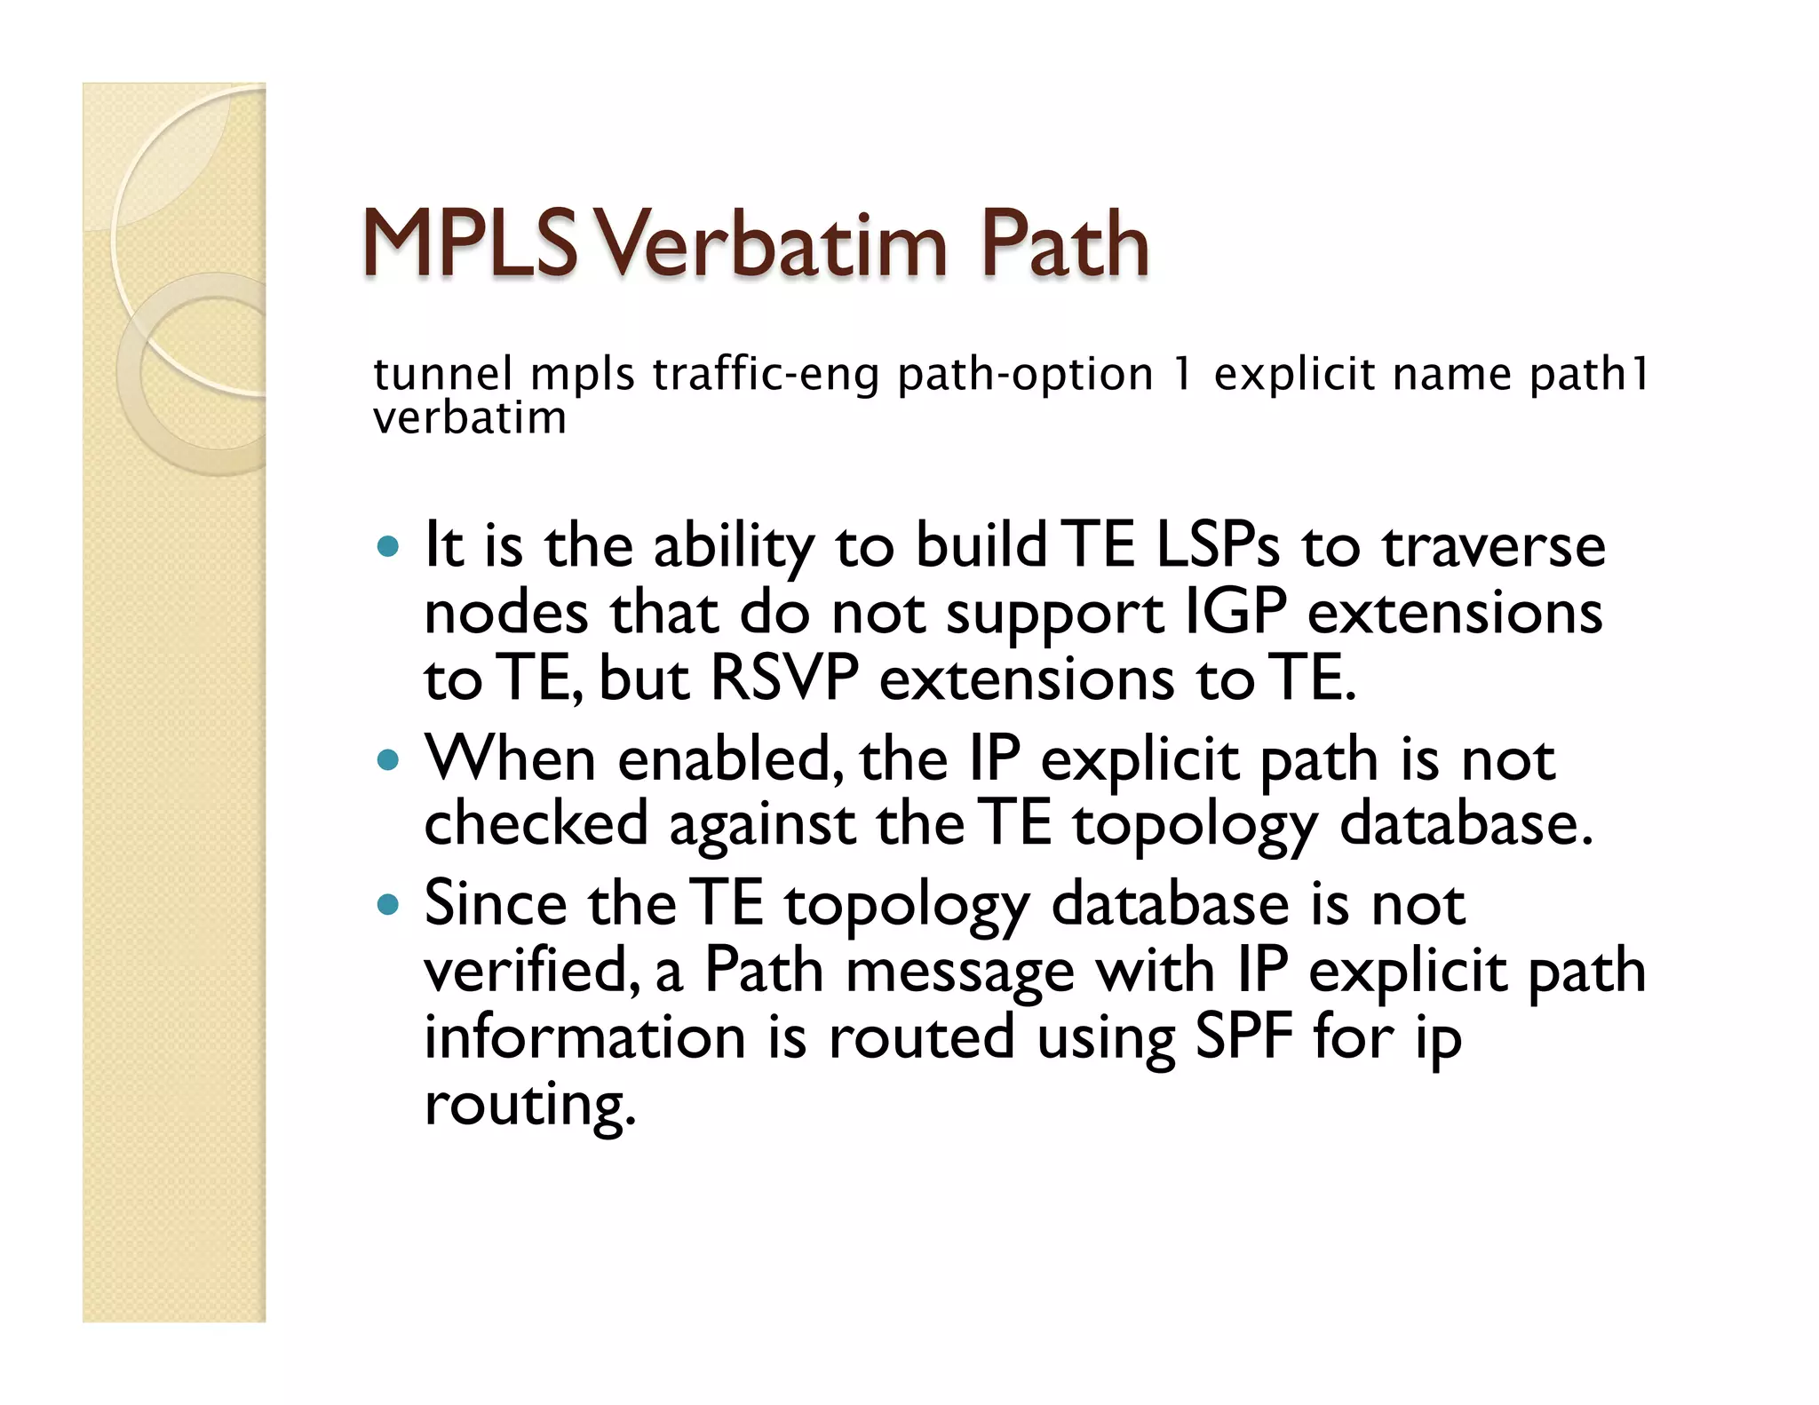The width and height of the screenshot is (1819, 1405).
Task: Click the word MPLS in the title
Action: click(x=471, y=244)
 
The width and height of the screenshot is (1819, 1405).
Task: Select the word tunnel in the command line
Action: click(x=442, y=374)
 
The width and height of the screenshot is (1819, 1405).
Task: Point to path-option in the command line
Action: click(x=1025, y=374)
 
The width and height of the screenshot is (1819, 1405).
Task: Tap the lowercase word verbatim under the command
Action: click(x=469, y=417)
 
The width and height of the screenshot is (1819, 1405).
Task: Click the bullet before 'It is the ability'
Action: click(x=388, y=545)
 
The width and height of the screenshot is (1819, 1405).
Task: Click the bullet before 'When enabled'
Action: click(x=388, y=760)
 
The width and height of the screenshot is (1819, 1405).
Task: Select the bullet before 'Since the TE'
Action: click(x=388, y=905)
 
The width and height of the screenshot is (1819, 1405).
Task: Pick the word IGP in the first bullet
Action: click(x=1235, y=613)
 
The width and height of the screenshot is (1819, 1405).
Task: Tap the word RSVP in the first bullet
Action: click(x=784, y=679)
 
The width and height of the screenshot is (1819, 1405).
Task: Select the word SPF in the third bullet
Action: click(x=1243, y=1036)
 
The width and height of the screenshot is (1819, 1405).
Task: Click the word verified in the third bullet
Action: click(x=530, y=971)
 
